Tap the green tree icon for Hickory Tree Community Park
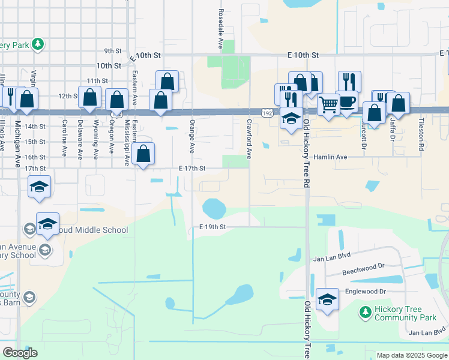364,312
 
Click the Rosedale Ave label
220,29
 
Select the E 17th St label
192,169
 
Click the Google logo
20,353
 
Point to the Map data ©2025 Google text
411,355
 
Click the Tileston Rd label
421,137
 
